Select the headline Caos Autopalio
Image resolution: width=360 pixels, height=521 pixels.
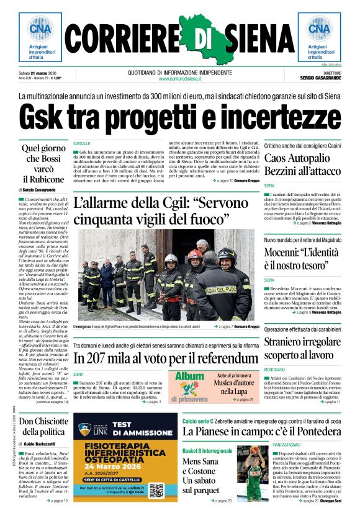302,158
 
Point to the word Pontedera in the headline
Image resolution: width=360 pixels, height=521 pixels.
310,431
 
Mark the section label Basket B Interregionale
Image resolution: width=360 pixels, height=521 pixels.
207,450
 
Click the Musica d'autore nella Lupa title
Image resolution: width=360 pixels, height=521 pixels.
238,388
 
